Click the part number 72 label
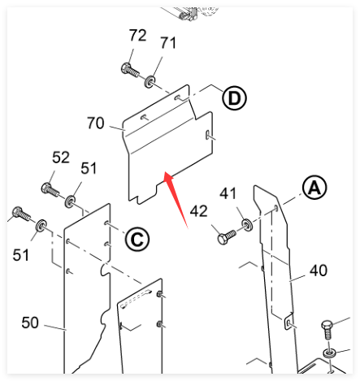[137, 35]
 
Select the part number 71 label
[168, 43]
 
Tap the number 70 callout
[96, 123]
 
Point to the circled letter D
[234, 98]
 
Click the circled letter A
[314, 188]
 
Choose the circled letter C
[137, 240]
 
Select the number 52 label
[61, 158]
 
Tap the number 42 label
[198, 211]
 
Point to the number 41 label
[228, 193]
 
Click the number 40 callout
[319, 271]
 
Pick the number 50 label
[30, 323]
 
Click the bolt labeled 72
[130, 70]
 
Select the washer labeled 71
[150, 81]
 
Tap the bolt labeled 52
[50, 189]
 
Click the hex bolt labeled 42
[227, 237]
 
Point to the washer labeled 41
[247, 225]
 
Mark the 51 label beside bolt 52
[89, 168]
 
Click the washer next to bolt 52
[70, 201]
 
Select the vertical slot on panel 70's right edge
[208, 135]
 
